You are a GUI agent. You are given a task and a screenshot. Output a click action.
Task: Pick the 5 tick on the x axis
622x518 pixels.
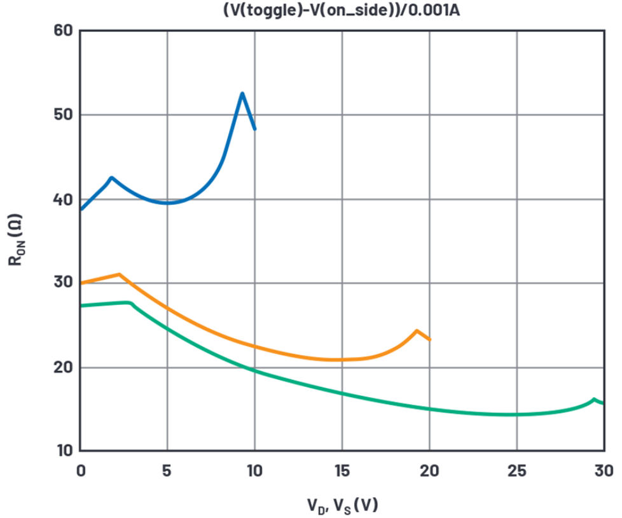(x=167, y=471)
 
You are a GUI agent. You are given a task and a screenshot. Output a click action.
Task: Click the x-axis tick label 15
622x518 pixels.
(x=342, y=471)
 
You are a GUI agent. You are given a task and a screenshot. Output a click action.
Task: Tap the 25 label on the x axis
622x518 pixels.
(x=516, y=471)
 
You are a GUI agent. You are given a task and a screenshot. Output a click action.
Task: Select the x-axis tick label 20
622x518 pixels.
(x=429, y=471)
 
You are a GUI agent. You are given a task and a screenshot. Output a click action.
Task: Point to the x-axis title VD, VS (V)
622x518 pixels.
(x=342, y=504)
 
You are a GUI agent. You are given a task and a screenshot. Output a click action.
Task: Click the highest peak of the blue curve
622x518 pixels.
(x=242, y=94)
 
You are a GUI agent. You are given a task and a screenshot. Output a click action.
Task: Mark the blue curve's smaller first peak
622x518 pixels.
(x=111, y=178)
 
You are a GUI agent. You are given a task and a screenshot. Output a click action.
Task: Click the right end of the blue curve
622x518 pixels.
(x=255, y=129)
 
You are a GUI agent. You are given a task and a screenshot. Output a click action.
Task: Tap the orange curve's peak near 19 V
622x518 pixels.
(x=417, y=330)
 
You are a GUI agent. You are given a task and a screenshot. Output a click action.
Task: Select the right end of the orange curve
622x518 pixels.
(x=431, y=340)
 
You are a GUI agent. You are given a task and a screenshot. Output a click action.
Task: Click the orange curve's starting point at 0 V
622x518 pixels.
(x=81, y=283)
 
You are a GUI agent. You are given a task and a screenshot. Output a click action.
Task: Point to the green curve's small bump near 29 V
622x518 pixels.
(x=593, y=399)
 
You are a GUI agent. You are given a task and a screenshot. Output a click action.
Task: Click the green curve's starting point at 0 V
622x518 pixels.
(x=81, y=306)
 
